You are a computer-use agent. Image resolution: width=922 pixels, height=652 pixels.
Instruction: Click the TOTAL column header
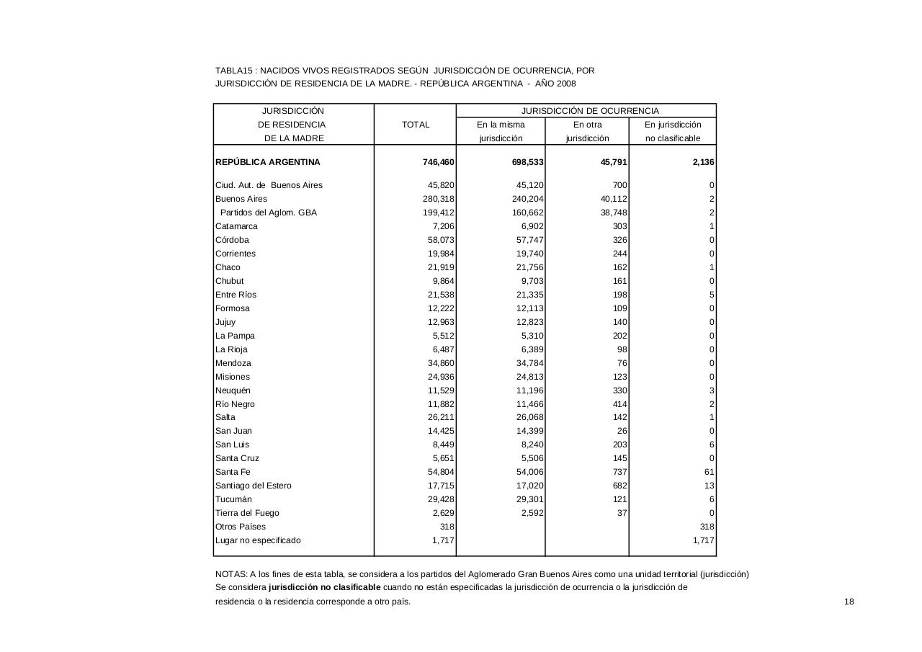point(416,125)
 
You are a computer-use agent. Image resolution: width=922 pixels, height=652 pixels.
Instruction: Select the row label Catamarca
point(236,226)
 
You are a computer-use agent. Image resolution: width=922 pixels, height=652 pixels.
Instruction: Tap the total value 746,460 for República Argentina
point(438,162)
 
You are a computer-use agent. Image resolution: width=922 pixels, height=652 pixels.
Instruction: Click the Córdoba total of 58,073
point(441,240)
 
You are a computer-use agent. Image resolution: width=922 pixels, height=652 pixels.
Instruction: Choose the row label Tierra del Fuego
point(247,513)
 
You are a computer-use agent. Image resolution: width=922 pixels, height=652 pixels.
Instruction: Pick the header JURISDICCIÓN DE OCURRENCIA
point(590,111)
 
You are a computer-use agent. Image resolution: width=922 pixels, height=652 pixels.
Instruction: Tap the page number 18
point(849,602)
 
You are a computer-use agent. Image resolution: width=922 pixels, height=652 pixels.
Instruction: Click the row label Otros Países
point(241,527)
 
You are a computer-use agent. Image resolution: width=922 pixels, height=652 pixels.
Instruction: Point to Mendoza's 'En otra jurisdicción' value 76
point(622,363)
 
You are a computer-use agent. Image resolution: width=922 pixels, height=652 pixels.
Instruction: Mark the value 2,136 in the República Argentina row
point(702,162)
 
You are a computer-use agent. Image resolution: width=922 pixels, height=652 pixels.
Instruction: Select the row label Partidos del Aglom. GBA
point(268,213)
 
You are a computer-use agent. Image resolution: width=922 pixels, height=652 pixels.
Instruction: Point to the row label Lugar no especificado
point(258,540)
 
